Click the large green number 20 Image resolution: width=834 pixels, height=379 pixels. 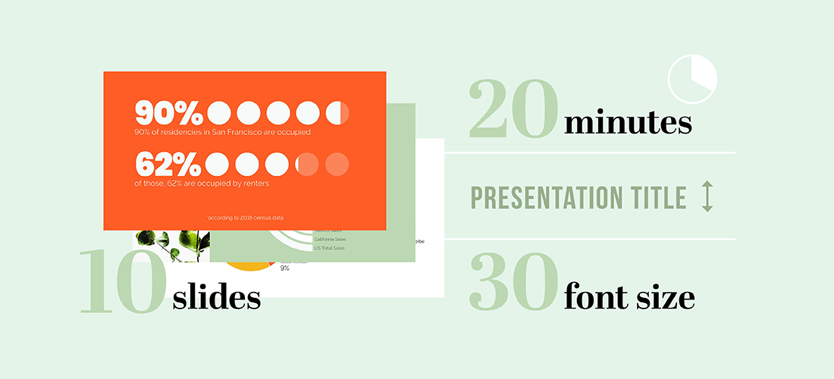[x=514, y=111]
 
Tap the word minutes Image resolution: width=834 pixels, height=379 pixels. [x=628, y=123]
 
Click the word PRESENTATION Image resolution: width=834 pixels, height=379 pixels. [x=541, y=198]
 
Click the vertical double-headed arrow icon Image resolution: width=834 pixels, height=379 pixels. [x=707, y=196]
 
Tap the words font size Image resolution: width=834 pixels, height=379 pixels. [x=629, y=296]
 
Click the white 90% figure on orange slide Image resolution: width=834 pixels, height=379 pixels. [x=168, y=113]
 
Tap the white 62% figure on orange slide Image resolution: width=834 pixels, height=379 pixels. [x=168, y=164]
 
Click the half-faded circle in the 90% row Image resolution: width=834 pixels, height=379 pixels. [x=337, y=113]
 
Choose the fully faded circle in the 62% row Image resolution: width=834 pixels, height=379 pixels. [x=337, y=164]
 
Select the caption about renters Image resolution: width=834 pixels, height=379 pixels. [x=201, y=183]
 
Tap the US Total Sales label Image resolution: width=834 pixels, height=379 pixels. [x=328, y=248]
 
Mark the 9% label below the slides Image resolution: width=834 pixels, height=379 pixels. [x=284, y=268]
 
